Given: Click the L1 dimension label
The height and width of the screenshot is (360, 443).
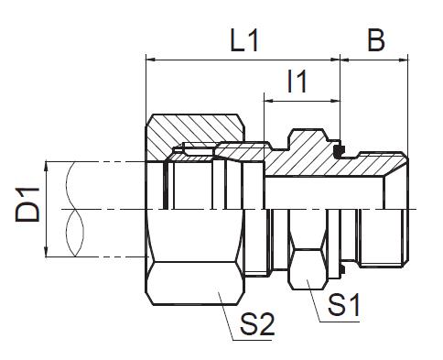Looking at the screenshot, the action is (244, 40).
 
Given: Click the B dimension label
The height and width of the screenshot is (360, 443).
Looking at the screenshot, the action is (376, 40).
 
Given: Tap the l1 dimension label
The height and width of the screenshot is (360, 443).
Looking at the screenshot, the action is (297, 81).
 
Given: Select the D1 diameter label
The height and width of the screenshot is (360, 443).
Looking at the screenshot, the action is (27, 205).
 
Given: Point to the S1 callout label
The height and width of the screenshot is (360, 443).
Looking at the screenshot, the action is (344, 304).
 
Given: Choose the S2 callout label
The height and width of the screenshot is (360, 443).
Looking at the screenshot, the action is (257, 324).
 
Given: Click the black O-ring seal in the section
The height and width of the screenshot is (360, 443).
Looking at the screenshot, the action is (339, 150).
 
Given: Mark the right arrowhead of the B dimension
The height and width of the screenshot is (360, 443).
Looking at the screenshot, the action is (404, 60).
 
